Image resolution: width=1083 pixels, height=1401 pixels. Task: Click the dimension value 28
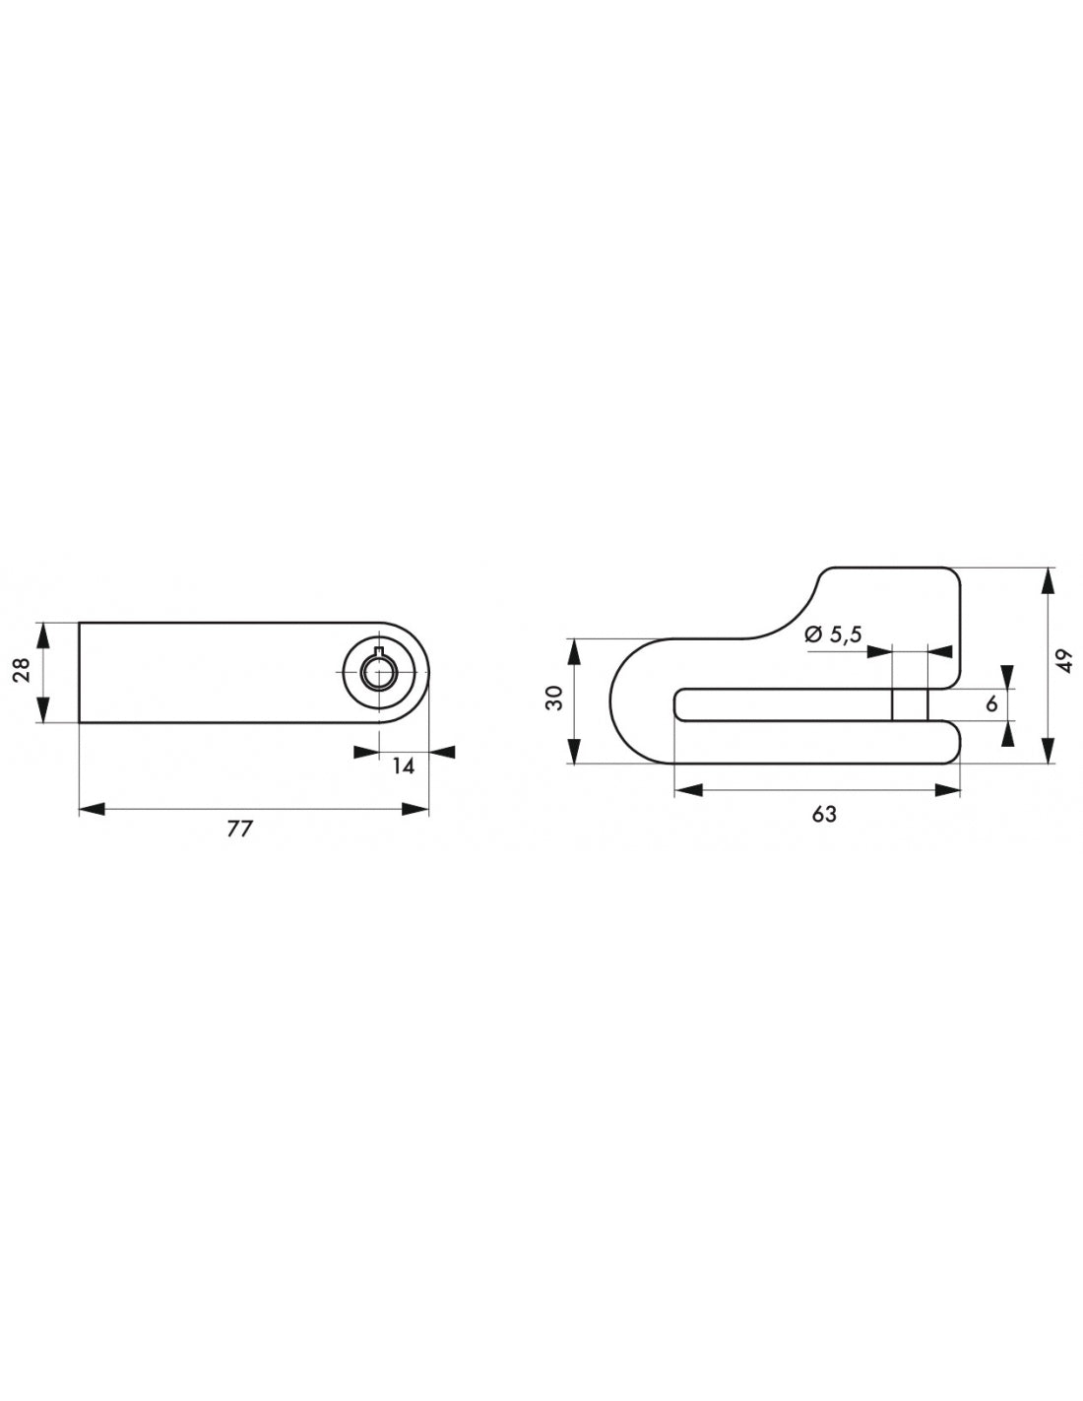22,670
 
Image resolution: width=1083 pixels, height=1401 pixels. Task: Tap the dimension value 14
402,767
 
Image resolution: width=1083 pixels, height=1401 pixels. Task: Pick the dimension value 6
990,703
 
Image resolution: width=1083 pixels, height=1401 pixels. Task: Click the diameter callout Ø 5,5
832,635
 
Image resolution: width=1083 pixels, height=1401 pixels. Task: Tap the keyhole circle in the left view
378,672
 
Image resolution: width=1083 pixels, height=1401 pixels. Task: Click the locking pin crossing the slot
909,704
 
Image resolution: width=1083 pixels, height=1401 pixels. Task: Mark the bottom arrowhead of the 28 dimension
42,711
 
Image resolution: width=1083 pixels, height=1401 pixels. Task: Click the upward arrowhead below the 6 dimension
1007,733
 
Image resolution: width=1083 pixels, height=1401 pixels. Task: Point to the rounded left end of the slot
679,704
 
